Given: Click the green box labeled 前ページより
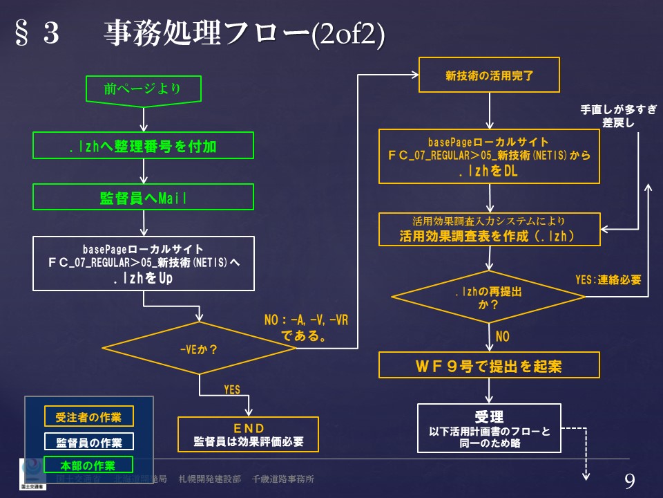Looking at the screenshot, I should pyautogui.click(x=143, y=89).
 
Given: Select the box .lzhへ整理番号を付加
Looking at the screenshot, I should pyautogui.click(x=143, y=145).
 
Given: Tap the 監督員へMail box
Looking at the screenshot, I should pyautogui.click(x=143, y=197).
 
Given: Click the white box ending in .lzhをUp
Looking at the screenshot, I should pyautogui.click(x=143, y=264).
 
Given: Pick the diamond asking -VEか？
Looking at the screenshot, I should pyautogui.click(x=199, y=349).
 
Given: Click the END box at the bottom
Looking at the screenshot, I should pyautogui.click(x=249, y=434).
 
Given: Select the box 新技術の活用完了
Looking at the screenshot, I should pyautogui.click(x=490, y=75).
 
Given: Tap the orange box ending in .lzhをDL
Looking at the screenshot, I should pyautogui.click(x=490, y=156).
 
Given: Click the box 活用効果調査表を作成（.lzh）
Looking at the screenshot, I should pyautogui.click(x=490, y=229).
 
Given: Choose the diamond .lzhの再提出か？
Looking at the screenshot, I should pyautogui.click(x=488, y=296).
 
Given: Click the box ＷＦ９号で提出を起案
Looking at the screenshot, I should pyautogui.click(x=489, y=365).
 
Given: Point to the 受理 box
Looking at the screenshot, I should pyautogui.click(x=489, y=428).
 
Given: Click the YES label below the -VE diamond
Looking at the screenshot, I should pyautogui.click(x=232, y=390).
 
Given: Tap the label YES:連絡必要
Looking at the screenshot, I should pyautogui.click(x=608, y=280).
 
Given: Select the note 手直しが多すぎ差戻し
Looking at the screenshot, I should pyautogui.click(x=608, y=116).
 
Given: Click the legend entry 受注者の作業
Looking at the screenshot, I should pyautogui.click(x=88, y=417).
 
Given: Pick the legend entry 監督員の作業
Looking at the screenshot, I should pyautogui.click(x=88, y=441).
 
